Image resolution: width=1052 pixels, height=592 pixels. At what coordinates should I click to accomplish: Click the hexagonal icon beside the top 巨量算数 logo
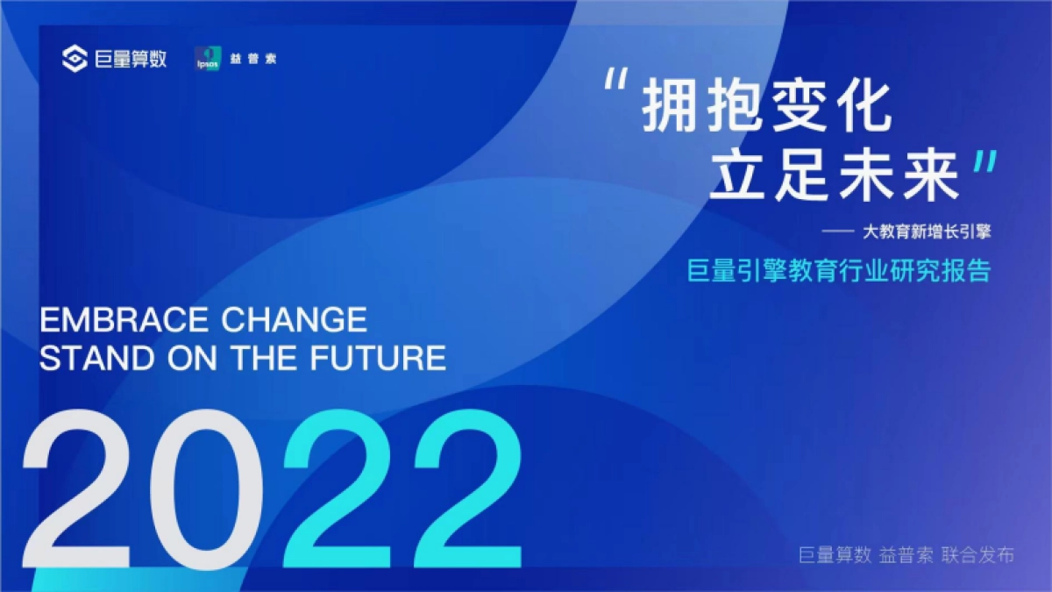[75, 60]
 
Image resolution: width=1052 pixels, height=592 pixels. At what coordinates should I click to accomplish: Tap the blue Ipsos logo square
[206, 59]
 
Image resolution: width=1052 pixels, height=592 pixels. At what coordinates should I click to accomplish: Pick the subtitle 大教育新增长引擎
[927, 232]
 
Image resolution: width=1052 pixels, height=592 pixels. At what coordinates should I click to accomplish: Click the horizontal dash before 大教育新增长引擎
[840, 233]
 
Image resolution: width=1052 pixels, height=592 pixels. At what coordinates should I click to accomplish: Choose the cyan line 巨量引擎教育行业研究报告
[839, 270]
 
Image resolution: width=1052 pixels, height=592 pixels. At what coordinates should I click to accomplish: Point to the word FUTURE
[379, 358]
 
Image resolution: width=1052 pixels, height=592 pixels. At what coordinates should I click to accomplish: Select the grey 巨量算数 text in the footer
[834, 555]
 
